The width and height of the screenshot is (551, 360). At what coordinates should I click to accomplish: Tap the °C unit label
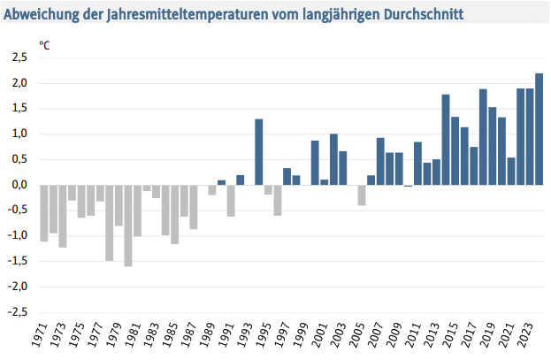(x=44, y=43)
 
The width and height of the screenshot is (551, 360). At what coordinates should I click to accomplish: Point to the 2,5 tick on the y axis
(x=19, y=57)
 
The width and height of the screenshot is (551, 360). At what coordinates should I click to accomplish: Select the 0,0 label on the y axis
(x=19, y=185)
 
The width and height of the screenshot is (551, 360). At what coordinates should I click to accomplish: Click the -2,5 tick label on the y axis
(x=18, y=312)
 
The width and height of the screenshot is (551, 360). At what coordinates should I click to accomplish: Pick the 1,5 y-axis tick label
(x=19, y=109)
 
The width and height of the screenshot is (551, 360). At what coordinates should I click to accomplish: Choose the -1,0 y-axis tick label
(x=18, y=236)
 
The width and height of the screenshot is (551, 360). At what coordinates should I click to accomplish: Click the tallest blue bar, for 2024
(x=539, y=129)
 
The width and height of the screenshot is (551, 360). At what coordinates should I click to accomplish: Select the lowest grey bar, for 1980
(x=128, y=226)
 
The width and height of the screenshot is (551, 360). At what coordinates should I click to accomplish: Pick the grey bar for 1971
(x=44, y=213)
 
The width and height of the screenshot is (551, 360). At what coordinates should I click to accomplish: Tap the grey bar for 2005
(x=362, y=195)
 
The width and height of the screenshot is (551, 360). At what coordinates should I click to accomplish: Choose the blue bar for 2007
(x=380, y=162)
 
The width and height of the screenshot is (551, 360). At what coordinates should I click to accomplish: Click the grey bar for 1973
(x=63, y=216)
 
